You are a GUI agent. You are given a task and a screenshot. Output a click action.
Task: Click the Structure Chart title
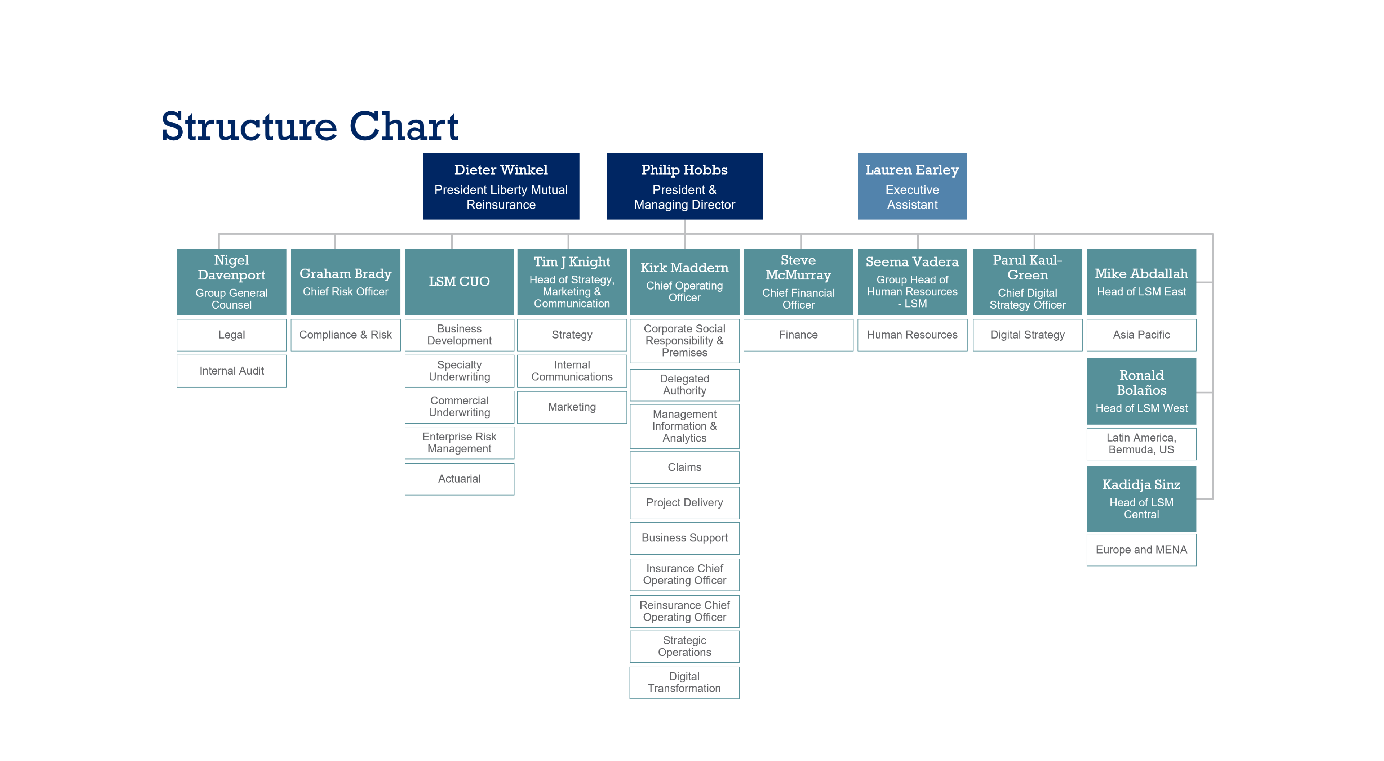point(310,127)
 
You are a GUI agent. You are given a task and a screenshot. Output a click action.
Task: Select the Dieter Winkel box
point(501,186)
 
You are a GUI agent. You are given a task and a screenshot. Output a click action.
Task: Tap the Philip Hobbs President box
point(684,186)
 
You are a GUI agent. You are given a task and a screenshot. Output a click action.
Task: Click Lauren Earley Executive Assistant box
point(912,186)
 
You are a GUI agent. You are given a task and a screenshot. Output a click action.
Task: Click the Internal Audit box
point(231,371)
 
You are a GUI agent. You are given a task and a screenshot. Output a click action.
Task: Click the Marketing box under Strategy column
point(572,407)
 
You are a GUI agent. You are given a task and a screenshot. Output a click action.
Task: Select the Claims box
point(684,467)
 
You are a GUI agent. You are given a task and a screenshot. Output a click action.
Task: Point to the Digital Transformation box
point(684,682)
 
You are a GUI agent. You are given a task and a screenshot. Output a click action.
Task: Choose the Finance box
point(798,335)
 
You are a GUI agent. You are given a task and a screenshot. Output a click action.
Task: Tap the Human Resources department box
point(912,335)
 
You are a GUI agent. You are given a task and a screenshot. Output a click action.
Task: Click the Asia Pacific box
point(1141,335)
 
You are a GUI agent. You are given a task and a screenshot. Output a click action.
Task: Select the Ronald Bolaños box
point(1141,391)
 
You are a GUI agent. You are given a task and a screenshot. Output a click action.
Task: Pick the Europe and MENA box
point(1141,549)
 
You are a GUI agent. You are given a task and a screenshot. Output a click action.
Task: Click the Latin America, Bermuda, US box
point(1141,444)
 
